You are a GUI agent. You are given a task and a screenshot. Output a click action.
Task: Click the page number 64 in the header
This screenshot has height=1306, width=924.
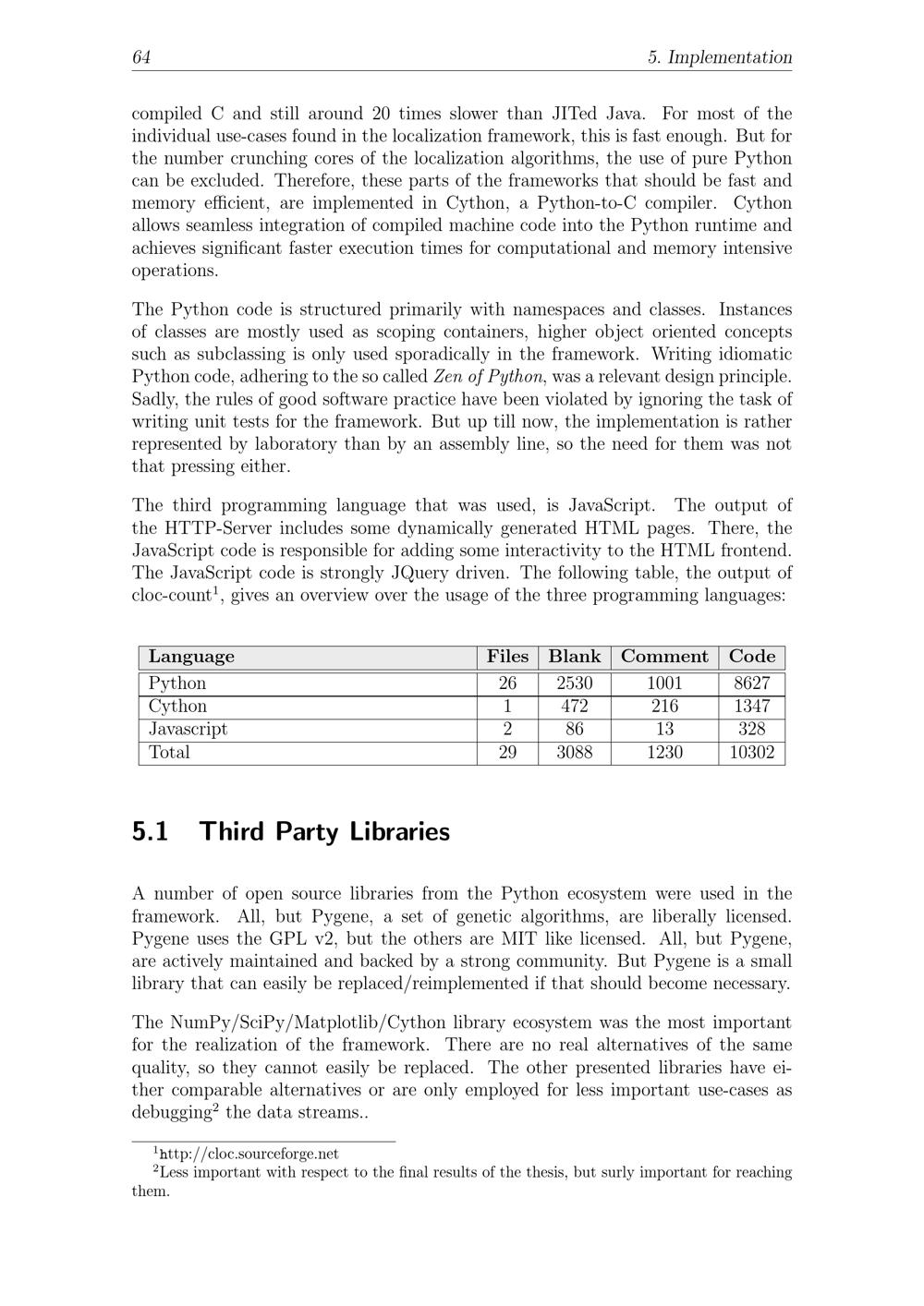[x=141, y=57]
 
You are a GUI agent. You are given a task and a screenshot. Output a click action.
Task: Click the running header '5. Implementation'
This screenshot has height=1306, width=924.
[x=720, y=57]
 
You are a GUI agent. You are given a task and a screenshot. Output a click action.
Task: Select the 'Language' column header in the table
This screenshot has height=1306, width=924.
[x=191, y=657]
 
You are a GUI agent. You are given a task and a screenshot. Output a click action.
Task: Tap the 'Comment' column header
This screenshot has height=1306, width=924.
[x=664, y=657]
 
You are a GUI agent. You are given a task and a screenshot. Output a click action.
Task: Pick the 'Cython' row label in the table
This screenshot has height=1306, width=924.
[x=177, y=707]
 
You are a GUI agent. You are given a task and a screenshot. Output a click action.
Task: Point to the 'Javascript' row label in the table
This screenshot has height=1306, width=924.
[x=188, y=730]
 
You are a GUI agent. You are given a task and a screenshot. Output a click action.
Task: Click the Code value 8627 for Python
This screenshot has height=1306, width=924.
[x=751, y=683]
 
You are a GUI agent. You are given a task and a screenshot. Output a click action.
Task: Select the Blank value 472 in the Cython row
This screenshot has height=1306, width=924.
[x=574, y=707]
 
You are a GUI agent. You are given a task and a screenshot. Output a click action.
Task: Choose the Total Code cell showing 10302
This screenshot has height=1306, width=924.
[x=751, y=753]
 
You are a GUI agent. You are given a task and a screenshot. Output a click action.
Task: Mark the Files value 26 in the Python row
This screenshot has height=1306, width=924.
[x=507, y=683]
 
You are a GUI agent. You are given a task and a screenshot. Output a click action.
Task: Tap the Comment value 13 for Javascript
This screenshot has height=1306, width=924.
[x=664, y=730]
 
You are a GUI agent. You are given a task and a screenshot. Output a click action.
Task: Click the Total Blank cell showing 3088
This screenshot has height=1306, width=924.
[x=574, y=753]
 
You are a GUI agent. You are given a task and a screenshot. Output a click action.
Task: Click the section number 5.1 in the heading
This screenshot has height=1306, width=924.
[x=152, y=831]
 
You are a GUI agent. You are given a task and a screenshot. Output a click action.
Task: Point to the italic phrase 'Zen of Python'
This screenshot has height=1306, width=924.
[x=489, y=377]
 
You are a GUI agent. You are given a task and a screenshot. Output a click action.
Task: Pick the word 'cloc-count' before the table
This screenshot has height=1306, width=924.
[x=172, y=596]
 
